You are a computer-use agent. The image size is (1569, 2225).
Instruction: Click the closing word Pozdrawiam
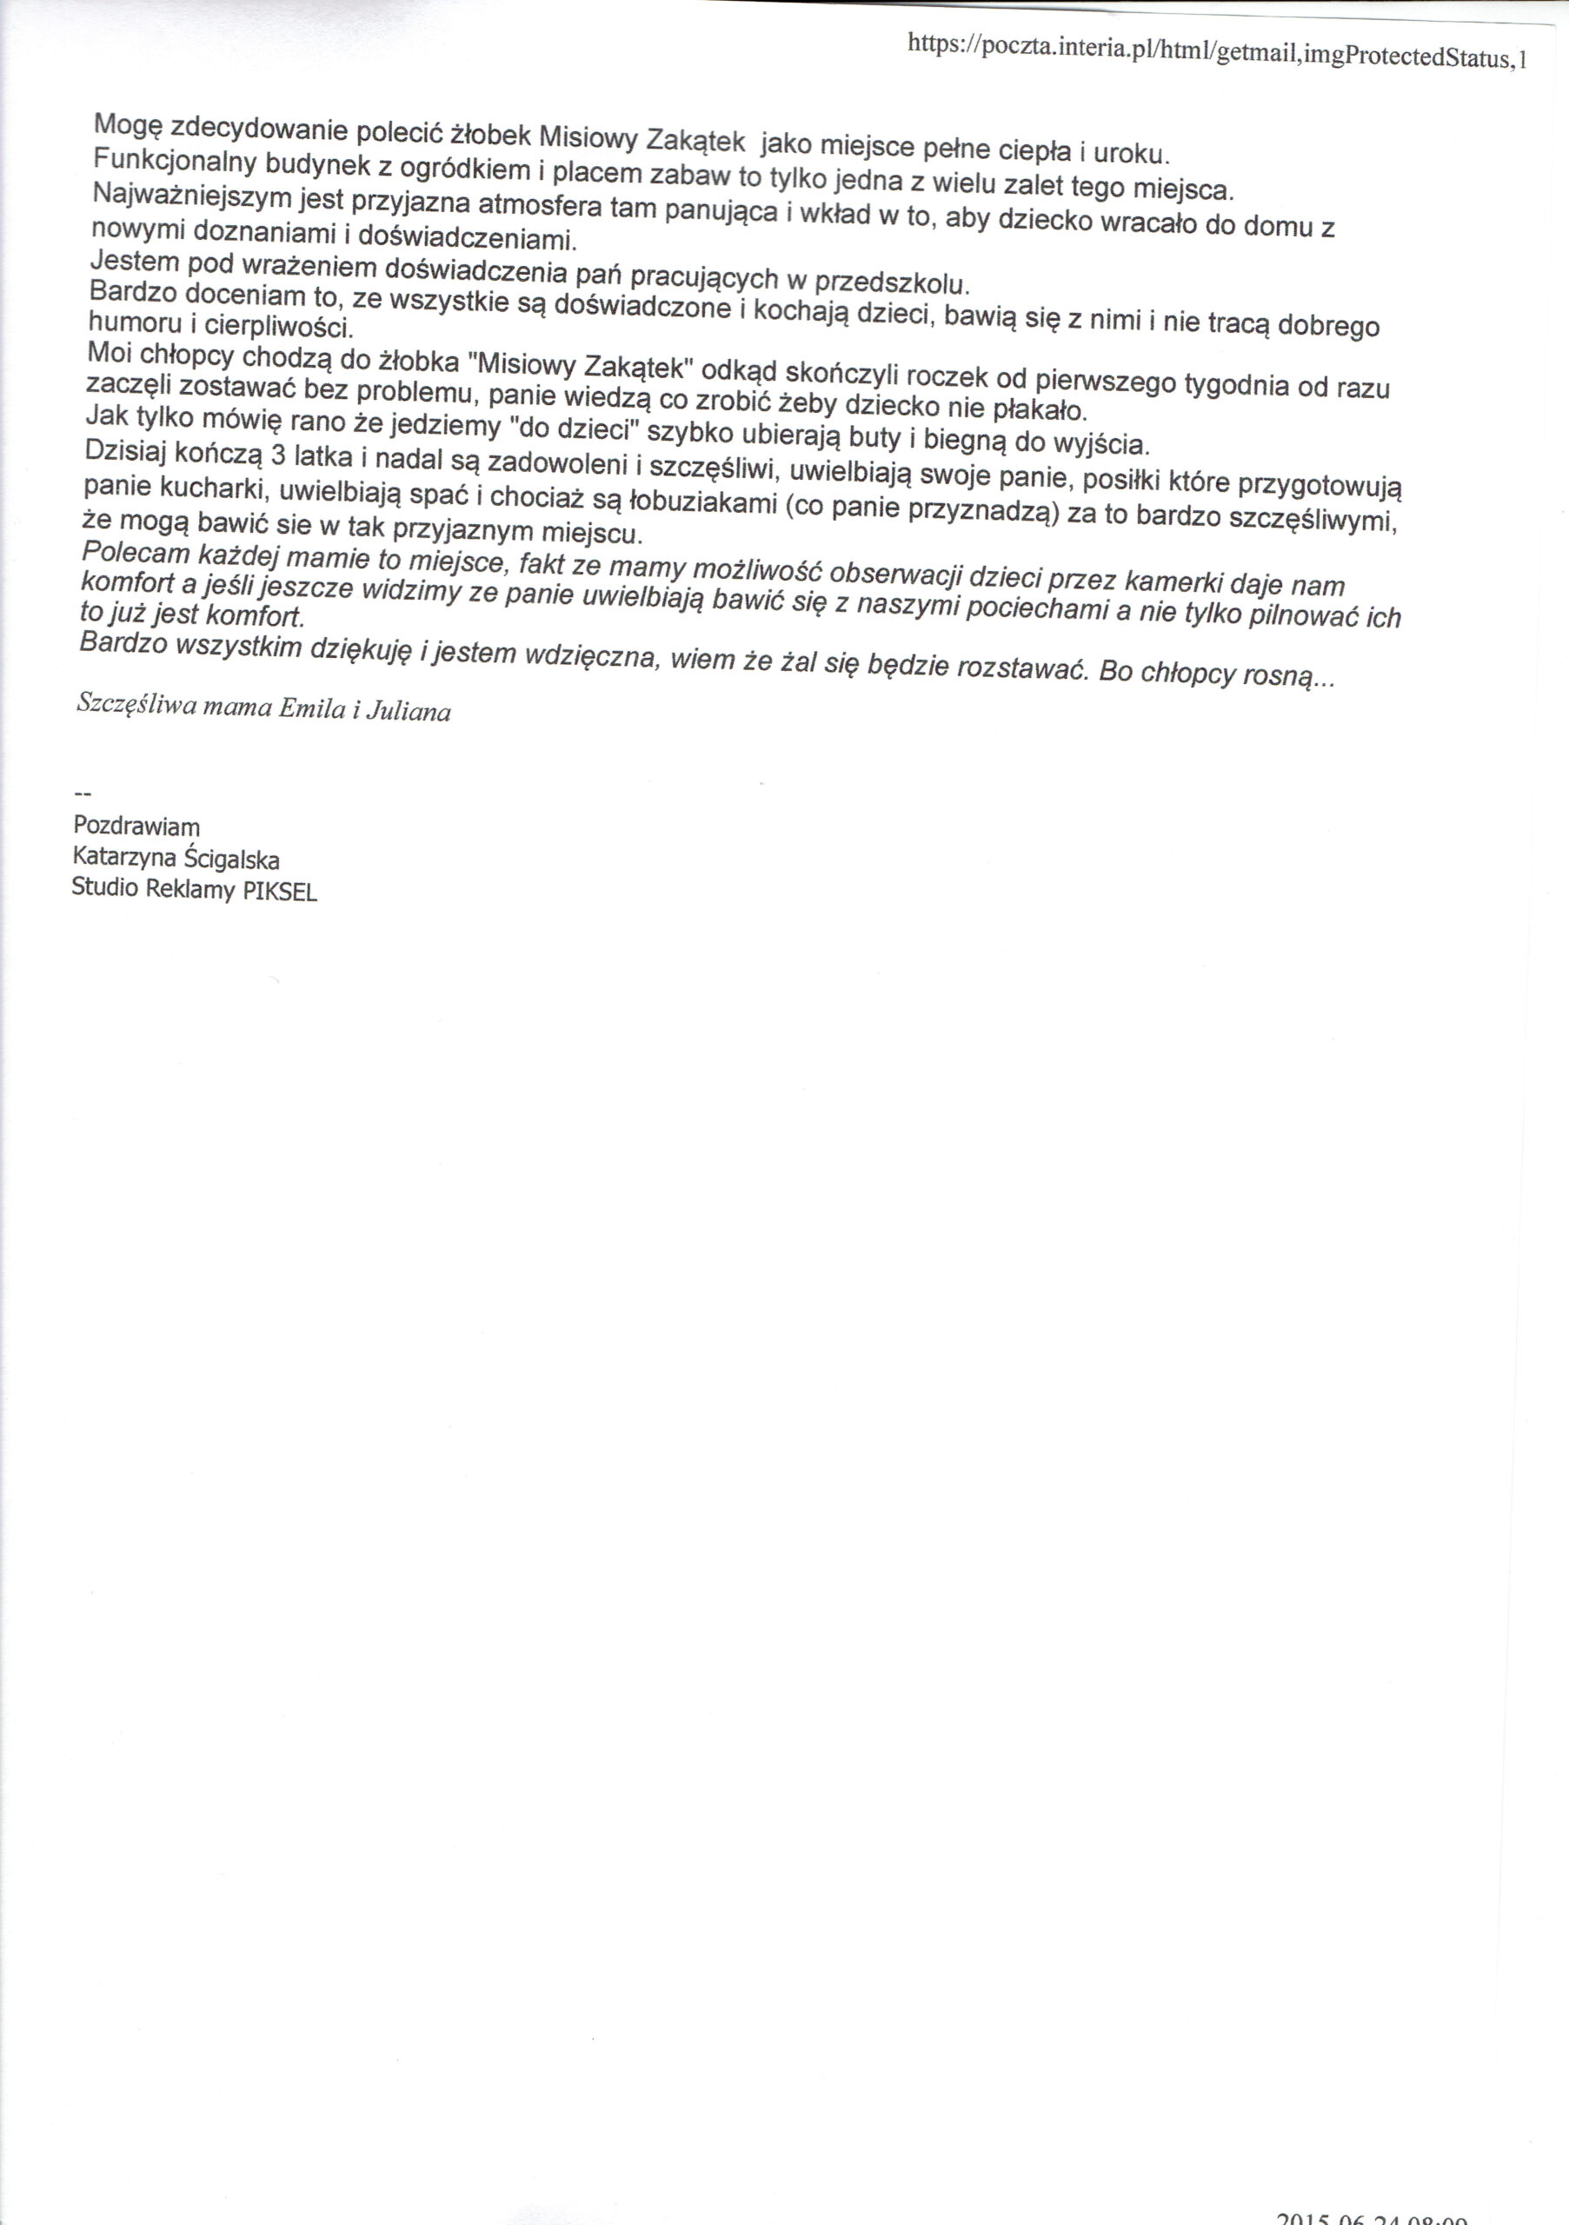[x=136, y=827]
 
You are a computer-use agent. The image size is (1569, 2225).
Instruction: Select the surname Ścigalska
[x=234, y=860]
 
